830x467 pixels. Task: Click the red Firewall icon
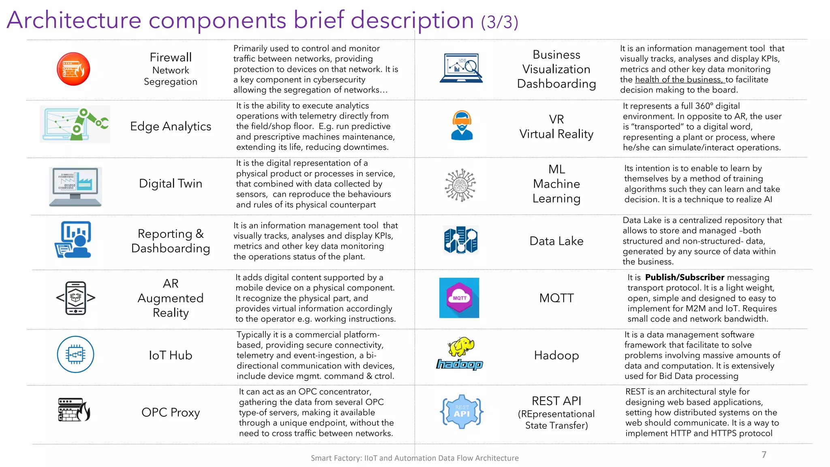pyautogui.click(x=73, y=69)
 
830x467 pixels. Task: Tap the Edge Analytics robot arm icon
pyautogui.click(x=75, y=124)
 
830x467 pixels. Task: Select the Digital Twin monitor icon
pyautogui.click(x=75, y=186)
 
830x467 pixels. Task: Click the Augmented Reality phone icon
pyautogui.click(x=76, y=298)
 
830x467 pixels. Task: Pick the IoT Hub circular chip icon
pyautogui.click(x=76, y=354)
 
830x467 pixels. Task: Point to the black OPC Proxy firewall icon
pyautogui.click(x=74, y=410)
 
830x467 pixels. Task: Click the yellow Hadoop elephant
pyautogui.click(x=461, y=346)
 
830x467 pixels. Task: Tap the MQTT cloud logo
pyautogui.click(x=459, y=298)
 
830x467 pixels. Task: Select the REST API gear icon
pyautogui.click(x=462, y=412)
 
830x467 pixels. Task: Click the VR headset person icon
pyautogui.click(x=462, y=125)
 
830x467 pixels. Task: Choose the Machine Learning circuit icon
pyautogui.click(x=460, y=185)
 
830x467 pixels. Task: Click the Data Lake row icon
pyautogui.click(x=461, y=240)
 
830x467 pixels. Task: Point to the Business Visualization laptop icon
pyautogui.click(x=461, y=68)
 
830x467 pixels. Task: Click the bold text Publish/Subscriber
pyautogui.click(x=685, y=277)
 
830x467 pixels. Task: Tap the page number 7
pyautogui.click(x=764, y=454)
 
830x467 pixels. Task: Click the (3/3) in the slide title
pyautogui.click(x=500, y=22)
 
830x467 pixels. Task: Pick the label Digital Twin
pyautogui.click(x=171, y=184)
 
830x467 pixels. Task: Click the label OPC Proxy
pyautogui.click(x=171, y=412)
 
